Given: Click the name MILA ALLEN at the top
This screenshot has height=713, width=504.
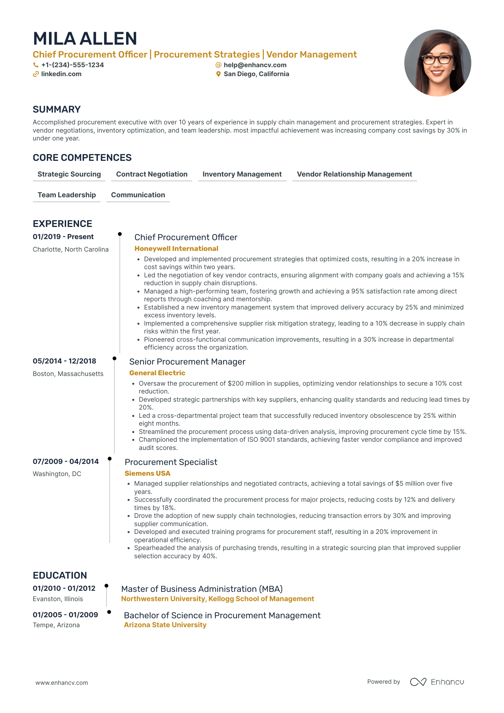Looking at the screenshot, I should click(x=85, y=39).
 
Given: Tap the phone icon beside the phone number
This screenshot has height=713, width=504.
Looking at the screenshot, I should click(x=36, y=65).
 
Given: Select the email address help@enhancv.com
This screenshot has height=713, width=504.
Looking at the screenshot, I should click(x=255, y=65).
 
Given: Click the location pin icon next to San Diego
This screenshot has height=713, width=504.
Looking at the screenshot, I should click(x=218, y=74).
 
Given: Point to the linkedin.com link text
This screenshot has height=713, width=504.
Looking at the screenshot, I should click(x=61, y=74).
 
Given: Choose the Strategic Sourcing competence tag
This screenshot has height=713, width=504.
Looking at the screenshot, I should click(x=69, y=174).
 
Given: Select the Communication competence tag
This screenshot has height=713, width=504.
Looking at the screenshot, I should click(x=138, y=195).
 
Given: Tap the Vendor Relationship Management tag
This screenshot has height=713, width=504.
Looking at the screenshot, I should click(x=354, y=174).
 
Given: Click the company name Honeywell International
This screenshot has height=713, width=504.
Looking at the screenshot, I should click(x=176, y=249).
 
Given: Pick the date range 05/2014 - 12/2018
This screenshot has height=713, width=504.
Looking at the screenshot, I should click(x=64, y=361).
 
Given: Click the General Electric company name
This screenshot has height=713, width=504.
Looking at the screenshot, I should click(x=157, y=373).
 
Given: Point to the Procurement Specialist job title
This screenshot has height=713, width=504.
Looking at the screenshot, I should click(x=171, y=462).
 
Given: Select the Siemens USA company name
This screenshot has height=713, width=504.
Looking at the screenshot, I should click(x=147, y=474).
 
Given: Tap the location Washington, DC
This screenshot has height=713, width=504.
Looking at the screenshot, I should click(x=57, y=474).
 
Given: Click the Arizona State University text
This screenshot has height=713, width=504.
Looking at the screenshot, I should click(x=165, y=625).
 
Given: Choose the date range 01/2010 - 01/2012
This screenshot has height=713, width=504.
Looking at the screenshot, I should click(x=64, y=588).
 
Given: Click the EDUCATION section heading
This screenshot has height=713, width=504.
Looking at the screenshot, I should click(x=60, y=575).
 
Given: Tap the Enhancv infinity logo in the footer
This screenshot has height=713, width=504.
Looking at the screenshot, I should click(x=418, y=682).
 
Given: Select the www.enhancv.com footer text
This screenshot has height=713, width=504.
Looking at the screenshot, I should click(x=61, y=683).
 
